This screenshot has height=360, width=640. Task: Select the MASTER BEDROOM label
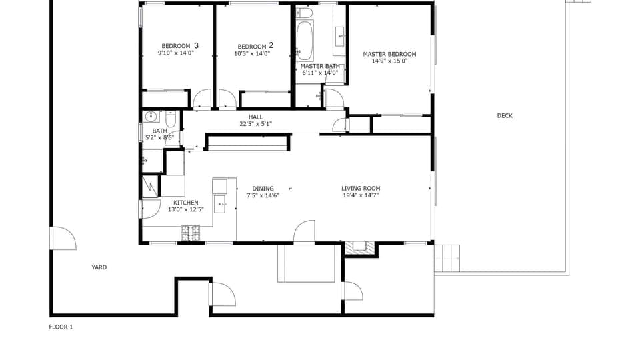tap(389, 54)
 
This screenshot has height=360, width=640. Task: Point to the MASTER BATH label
tap(321, 66)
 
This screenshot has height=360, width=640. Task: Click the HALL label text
tap(255, 117)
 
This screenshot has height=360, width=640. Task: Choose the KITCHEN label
tap(185, 203)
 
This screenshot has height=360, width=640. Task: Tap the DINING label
tap(263, 189)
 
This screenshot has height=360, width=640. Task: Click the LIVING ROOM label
tap(361, 189)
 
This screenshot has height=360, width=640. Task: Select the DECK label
tap(505, 116)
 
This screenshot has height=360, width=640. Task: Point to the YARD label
tap(99, 267)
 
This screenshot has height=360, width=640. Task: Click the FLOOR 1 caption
tap(61, 327)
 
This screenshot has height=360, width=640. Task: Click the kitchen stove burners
tap(191, 233)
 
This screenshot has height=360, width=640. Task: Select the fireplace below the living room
tap(360, 247)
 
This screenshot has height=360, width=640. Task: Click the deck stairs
tap(447, 258)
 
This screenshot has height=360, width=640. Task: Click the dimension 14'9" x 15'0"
tap(389, 61)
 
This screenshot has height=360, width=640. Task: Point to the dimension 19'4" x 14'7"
tap(361, 196)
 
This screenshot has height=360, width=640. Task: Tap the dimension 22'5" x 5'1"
tap(255, 124)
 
